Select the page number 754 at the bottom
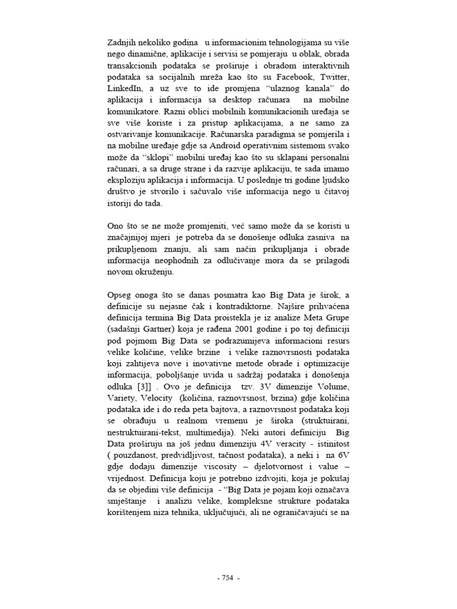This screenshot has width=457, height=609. [228, 577]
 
